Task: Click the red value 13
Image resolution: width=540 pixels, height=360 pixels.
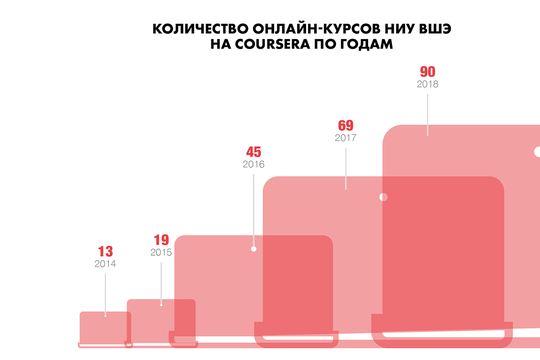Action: click(x=105, y=252)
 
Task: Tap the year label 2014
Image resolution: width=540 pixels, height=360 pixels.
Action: click(x=105, y=264)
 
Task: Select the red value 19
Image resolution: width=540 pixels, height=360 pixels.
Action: click(x=161, y=240)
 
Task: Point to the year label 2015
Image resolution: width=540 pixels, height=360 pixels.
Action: click(x=161, y=252)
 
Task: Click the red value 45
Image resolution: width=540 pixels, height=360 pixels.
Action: click(x=253, y=152)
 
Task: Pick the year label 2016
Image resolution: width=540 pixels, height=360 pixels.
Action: click(x=253, y=164)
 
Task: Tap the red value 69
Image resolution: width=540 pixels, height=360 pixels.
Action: click(x=346, y=125)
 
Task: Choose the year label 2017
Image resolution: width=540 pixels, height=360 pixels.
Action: click(x=346, y=138)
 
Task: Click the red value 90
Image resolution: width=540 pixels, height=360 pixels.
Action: click(x=427, y=72)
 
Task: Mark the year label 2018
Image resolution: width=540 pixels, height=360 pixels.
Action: click(x=427, y=84)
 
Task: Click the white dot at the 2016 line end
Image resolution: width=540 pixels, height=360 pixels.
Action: click(x=253, y=248)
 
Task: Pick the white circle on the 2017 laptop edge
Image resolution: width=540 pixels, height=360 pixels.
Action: click(x=383, y=197)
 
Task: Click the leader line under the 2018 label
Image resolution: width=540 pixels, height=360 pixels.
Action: click(x=427, y=112)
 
